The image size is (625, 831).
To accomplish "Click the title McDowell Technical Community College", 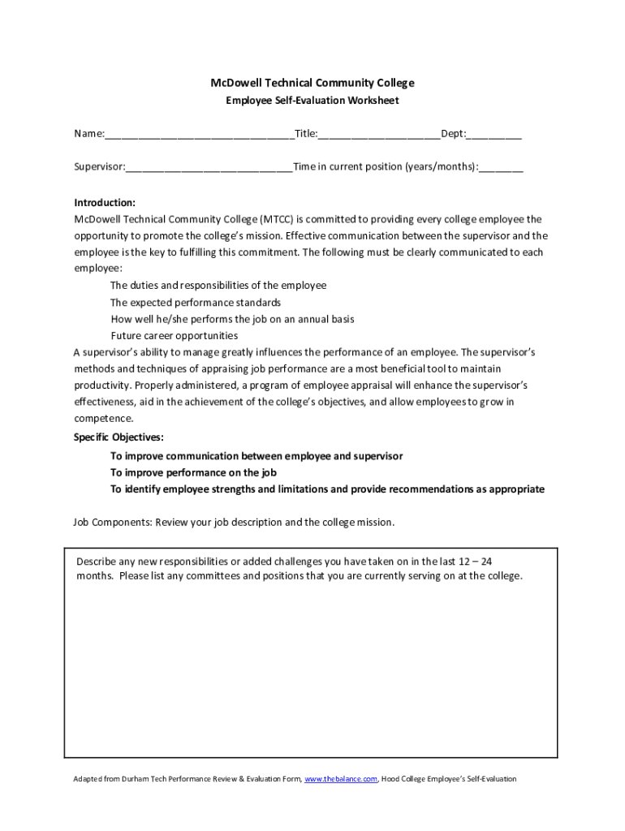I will tap(312, 83).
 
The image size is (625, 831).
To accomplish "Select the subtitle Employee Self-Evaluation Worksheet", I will tap(312, 101).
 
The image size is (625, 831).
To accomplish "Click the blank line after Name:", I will tap(199, 135).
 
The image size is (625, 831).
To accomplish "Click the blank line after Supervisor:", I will tap(209, 168).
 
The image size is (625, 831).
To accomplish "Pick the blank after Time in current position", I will tap(501, 168).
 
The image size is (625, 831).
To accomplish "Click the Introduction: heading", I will tap(105, 203).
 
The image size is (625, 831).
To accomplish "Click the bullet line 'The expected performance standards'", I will tap(196, 302).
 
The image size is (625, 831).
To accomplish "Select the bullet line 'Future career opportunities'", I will tap(175, 335).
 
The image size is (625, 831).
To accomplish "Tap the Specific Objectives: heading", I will tap(119, 437).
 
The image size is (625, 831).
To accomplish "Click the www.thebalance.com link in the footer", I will tap(340, 779).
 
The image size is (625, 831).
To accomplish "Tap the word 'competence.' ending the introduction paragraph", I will tap(104, 419).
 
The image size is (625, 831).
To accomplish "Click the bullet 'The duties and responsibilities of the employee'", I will tap(218, 285).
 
